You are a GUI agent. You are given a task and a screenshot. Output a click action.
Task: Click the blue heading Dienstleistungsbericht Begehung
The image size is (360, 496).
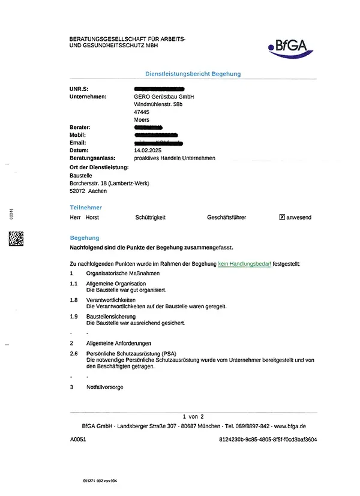193,74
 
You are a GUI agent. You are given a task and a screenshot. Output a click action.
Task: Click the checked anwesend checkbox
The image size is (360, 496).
282,217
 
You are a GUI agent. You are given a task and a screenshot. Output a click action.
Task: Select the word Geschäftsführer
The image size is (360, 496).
226,217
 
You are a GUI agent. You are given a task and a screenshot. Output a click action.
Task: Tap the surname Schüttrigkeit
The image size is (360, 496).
151,217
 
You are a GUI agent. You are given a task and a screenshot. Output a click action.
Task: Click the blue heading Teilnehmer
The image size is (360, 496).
86,207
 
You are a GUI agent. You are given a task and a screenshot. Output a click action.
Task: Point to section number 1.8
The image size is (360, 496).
74,299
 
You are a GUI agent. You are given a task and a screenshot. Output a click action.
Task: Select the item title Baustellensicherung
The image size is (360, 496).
111,316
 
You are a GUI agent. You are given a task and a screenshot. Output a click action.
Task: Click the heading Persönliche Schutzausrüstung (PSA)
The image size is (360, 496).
131,354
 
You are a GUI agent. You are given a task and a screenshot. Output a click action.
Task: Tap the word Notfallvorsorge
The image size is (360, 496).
105,387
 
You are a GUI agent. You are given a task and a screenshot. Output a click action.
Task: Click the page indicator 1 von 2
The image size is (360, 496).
193,416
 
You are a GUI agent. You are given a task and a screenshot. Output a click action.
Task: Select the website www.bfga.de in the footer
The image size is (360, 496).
290,425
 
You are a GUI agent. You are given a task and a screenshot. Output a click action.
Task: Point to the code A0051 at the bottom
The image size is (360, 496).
79,440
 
